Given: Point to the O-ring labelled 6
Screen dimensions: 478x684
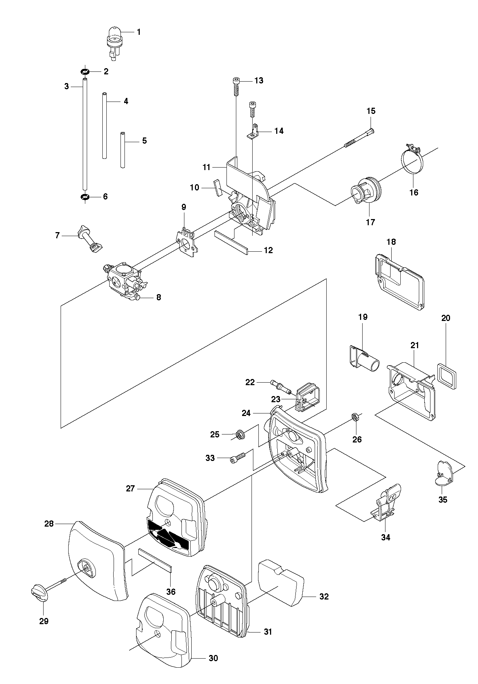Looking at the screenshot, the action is (85, 197).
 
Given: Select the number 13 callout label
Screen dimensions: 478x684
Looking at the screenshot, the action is (259, 81).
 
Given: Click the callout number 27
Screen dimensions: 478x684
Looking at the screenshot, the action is (130, 489).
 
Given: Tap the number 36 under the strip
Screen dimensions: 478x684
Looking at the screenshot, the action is (171, 592).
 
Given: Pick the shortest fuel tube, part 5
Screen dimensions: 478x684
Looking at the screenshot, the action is (123, 150).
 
